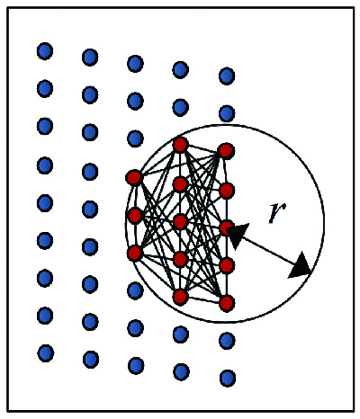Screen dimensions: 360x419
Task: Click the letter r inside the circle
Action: pos(277,213)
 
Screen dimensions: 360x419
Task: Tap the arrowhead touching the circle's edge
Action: pos(301,265)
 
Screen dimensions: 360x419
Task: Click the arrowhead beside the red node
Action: pos(238,236)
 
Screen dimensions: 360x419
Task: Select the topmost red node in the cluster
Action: pos(180,145)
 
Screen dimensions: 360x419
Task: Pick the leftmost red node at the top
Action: pos(134,178)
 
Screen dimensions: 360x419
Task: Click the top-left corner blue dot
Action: pos(45,51)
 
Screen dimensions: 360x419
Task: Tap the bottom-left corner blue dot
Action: pos(46,352)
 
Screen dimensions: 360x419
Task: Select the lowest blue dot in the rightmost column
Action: pos(228,378)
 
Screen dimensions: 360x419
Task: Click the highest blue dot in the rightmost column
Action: pos(227,76)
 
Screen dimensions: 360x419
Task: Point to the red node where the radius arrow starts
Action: pos(227,228)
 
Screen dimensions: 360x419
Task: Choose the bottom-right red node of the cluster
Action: pos(227,303)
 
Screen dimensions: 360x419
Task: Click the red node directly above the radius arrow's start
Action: pos(227,191)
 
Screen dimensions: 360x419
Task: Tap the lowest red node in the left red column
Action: pos(134,254)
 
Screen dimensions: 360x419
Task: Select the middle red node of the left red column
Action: pos(135,215)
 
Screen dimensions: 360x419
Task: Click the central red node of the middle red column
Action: pos(180,221)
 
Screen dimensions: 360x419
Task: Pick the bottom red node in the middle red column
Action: pos(180,297)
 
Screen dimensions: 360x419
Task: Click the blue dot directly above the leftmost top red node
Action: pos(135,138)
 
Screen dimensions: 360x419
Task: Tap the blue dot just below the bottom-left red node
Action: pos(135,290)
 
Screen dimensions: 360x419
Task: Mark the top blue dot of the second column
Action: pos(90,58)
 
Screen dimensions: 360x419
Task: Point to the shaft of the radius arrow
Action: pos(268,250)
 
